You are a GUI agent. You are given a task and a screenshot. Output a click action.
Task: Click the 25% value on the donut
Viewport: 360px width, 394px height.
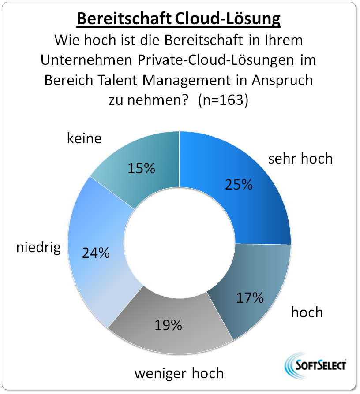click(x=238, y=184)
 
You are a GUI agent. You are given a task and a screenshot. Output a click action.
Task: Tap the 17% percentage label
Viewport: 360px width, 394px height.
click(x=249, y=298)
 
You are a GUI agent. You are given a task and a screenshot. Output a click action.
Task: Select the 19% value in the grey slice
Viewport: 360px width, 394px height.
click(x=168, y=325)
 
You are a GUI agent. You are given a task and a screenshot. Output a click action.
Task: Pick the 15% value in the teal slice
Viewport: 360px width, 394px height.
click(x=141, y=168)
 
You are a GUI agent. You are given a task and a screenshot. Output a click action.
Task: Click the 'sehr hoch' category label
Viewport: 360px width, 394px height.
click(x=300, y=158)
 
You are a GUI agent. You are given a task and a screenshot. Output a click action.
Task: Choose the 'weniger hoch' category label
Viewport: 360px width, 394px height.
click(x=179, y=373)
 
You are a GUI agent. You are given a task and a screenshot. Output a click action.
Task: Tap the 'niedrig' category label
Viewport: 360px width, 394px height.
click(x=38, y=247)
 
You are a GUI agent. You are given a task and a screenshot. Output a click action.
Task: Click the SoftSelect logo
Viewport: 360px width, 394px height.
click(x=316, y=365)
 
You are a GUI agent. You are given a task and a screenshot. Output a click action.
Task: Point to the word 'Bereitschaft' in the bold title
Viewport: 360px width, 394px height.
click(x=124, y=19)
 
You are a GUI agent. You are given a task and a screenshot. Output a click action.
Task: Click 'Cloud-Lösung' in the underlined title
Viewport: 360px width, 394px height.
click(x=228, y=19)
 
